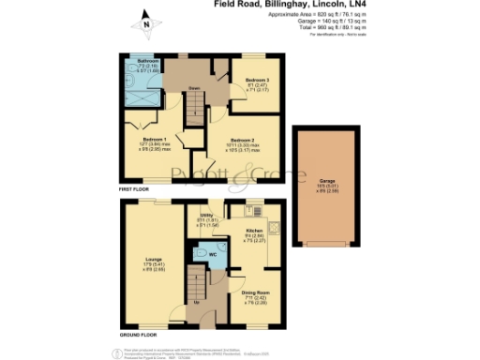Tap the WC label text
tap(214, 254)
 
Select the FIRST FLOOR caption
tap(134, 190)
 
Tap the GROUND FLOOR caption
tap(138, 335)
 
